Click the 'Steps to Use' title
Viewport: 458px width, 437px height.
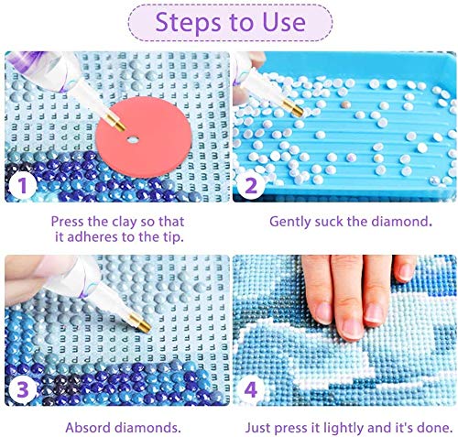tap(228, 23)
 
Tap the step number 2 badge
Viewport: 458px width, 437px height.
tap(248, 189)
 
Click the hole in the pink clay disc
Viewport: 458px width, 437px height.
tap(130, 139)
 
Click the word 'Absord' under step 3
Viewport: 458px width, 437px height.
tap(85, 427)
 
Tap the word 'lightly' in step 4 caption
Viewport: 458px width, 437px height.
tap(343, 427)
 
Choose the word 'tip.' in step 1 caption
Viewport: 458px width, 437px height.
tap(172, 237)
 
